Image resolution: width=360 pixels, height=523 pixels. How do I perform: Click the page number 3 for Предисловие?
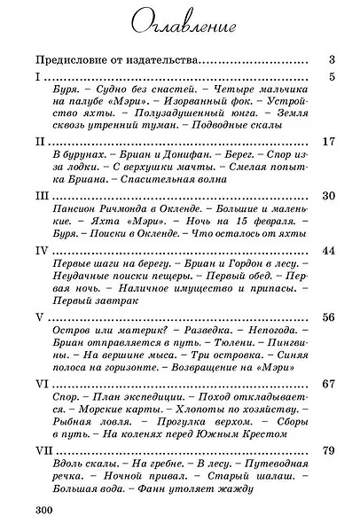(x=329, y=60)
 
